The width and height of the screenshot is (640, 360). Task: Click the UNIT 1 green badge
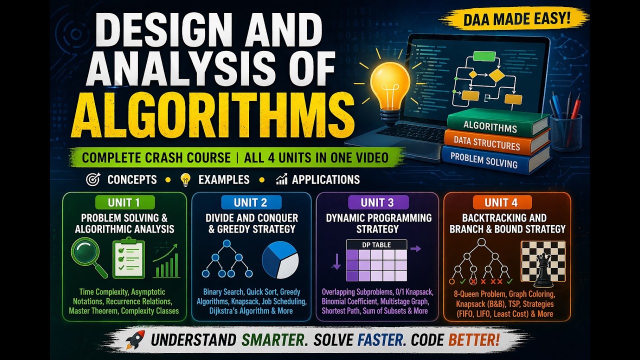pos(124,202)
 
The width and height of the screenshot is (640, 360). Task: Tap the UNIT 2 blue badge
pos(250,202)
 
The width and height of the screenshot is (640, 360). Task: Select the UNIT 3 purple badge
pos(377,202)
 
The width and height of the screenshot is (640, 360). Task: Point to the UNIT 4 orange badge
pos(501,202)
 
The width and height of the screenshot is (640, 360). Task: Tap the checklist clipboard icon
pos(128,258)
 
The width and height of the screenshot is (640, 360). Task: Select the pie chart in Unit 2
pos(280,260)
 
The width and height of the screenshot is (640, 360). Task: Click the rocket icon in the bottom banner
pos(135,339)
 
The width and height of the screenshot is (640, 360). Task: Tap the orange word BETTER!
pos(474,340)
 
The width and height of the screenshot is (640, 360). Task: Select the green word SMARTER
pos(273,340)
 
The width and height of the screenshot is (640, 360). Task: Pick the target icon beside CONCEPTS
pos(92,180)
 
